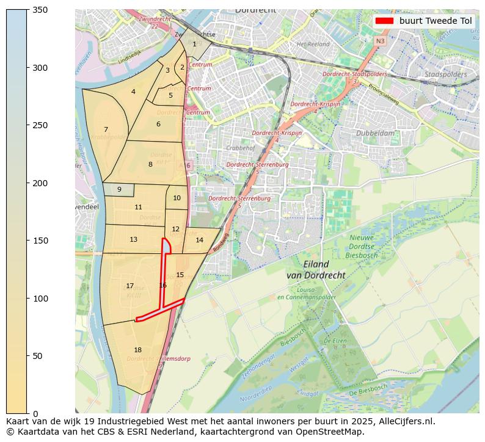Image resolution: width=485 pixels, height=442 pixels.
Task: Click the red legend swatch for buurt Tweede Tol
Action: pyautogui.click(x=384, y=21)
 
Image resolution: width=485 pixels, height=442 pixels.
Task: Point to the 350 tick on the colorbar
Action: pyautogui.click(x=27, y=10)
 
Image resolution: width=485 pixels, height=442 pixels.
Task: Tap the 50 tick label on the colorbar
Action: pyautogui.click(x=38, y=356)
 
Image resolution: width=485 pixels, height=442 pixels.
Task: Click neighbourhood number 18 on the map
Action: pyautogui.click(x=137, y=350)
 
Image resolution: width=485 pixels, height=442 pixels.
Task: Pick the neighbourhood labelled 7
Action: pyautogui.click(x=106, y=129)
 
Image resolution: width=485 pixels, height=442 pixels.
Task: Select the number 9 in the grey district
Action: pyautogui.click(x=119, y=189)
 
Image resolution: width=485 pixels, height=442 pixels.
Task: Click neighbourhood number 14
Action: pyautogui.click(x=199, y=240)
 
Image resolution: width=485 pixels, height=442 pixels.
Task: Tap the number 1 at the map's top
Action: pyautogui.click(x=194, y=43)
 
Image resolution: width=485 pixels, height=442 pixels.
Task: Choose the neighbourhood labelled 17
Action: pyautogui.click(x=129, y=286)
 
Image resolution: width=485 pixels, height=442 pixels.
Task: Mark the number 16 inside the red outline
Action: pyautogui.click(x=162, y=285)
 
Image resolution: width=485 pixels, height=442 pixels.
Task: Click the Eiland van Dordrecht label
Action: pyautogui.click(x=315, y=270)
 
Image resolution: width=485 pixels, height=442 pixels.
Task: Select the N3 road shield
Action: pyautogui.click(x=380, y=41)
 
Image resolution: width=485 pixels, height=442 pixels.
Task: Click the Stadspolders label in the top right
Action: pyautogui.click(x=445, y=74)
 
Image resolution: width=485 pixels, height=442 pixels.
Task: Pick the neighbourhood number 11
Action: pyautogui.click(x=138, y=207)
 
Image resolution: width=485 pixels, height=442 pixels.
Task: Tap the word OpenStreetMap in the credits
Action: pyautogui.click(x=335, y=432)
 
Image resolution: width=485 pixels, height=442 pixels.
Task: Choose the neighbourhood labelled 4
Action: pyautogui.click(x=133, y=92)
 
